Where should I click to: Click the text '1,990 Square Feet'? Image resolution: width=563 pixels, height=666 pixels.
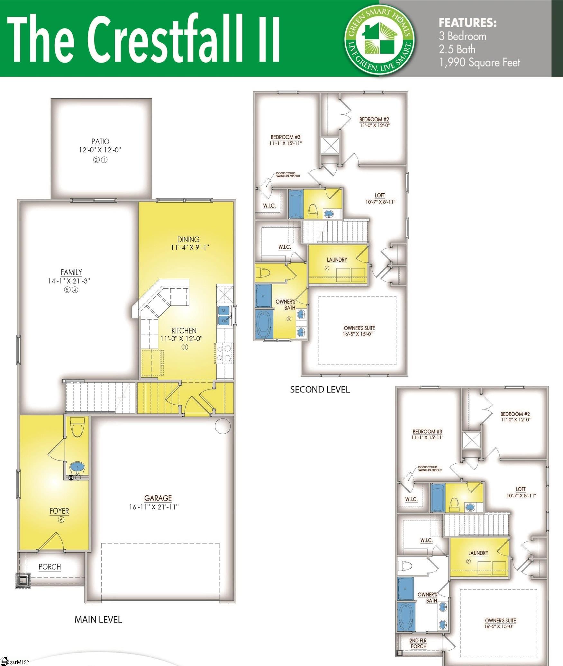coord(479,63)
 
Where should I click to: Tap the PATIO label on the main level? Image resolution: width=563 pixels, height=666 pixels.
coord(100,142)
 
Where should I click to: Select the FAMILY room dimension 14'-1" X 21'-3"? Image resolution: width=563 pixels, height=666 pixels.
coord(69,281)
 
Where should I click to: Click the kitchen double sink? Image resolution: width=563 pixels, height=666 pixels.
coord(224,315)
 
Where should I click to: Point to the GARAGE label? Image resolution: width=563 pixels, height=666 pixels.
coord(158,498)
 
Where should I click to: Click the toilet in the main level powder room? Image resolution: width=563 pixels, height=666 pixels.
coord(77,427)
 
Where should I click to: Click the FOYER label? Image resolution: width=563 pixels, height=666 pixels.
coord(59,511)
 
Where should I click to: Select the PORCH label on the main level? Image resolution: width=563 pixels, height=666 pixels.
coord(50,567)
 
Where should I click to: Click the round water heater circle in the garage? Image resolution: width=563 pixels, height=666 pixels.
coord(222,426)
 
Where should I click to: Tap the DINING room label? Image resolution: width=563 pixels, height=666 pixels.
coord(188,240)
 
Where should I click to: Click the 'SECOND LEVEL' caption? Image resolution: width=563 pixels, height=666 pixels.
coord(320,390)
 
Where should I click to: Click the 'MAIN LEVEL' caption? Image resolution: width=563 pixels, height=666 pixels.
coord(98,619)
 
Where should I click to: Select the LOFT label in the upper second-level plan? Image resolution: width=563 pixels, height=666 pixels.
coord(380,195)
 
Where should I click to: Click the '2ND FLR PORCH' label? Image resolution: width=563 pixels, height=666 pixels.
coord(418,643)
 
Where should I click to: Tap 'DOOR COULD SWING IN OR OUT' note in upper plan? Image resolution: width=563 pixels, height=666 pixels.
coord(288,175)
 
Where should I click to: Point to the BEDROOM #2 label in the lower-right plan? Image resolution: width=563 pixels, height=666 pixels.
coord(515,414)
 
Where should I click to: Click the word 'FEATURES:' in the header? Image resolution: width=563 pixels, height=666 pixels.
coord(468,23)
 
